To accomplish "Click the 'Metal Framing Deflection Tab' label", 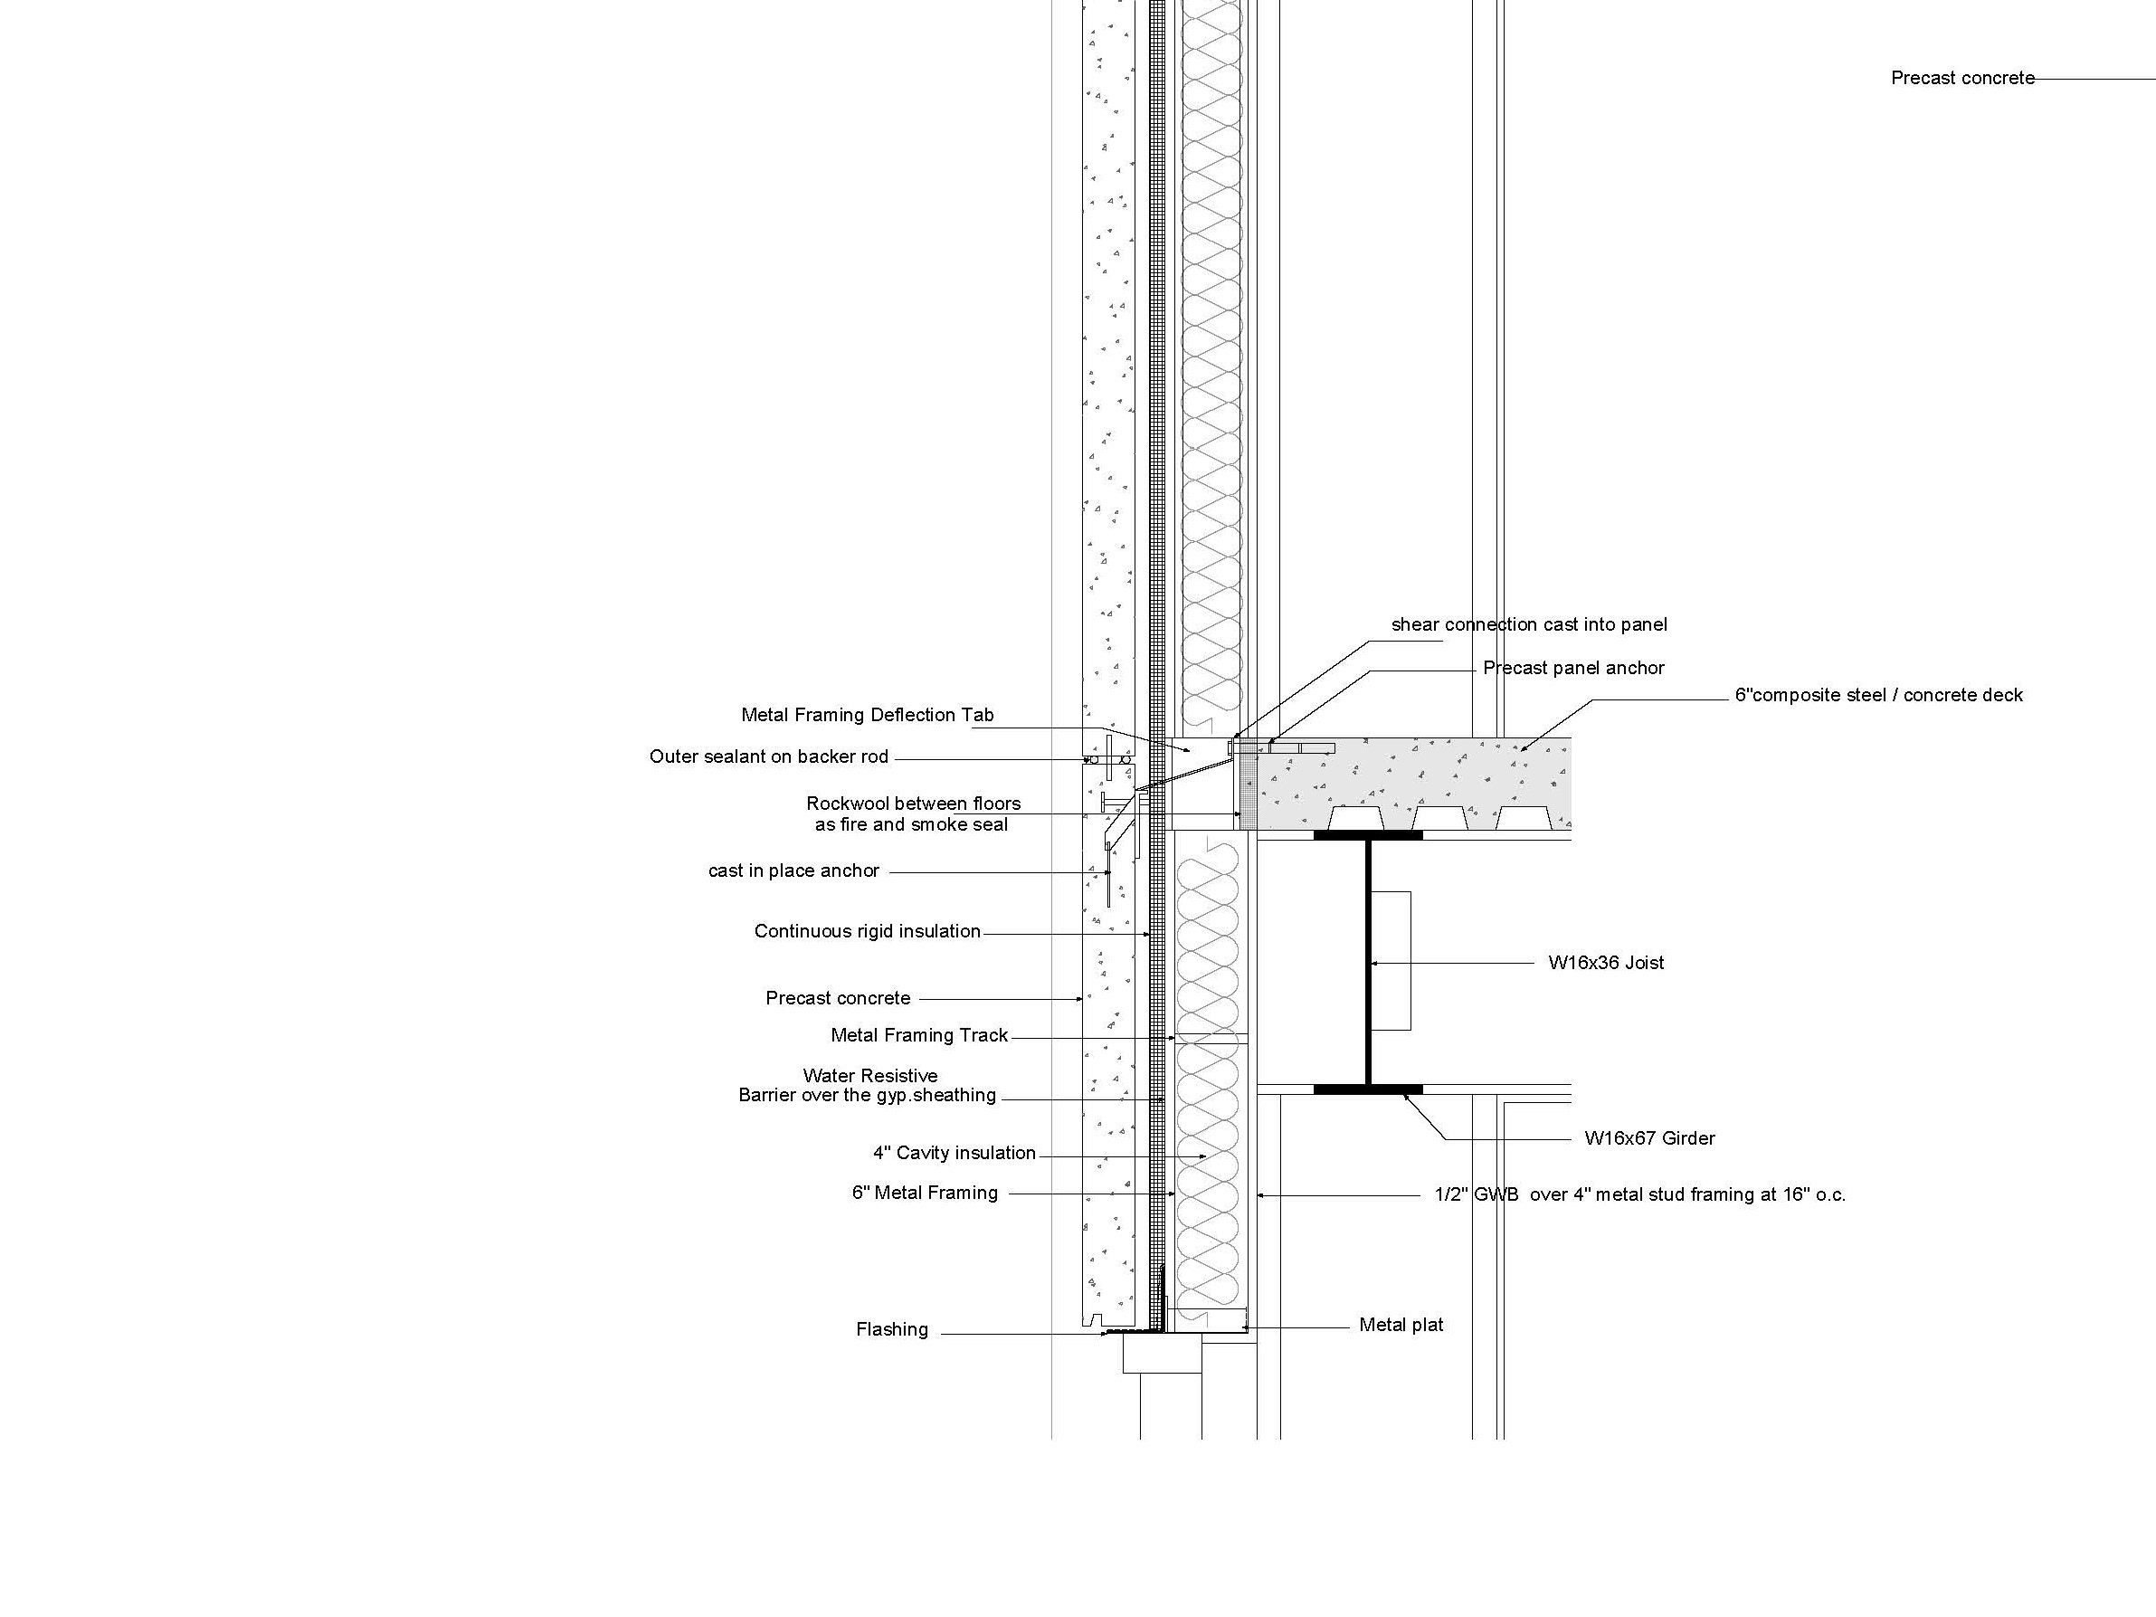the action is (868, 716).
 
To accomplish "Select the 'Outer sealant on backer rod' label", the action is (769, 757).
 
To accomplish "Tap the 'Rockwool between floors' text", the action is (913, 804).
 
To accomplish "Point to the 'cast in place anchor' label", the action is (793, 871).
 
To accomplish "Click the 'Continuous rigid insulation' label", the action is (868, 932).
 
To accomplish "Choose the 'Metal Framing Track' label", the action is (919, 1036).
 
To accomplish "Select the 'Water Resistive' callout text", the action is (870, 1076).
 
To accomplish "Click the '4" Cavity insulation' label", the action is (955, 1153).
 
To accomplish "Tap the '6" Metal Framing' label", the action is (925, 1193).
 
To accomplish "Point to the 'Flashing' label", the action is (892, 1330).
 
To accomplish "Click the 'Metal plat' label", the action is (1401, 1326).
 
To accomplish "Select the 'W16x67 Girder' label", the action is (1649, 1138).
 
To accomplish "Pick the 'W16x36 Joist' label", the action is (1606, 963).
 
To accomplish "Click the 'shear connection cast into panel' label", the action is (1529, 624).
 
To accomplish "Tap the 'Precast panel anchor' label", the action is (1573, 669).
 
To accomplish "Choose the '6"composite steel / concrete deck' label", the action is (1878, 696).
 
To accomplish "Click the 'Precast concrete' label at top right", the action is (1963, 78).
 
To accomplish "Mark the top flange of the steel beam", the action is (1367, 835).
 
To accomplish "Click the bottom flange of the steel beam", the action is (1367, 1089).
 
